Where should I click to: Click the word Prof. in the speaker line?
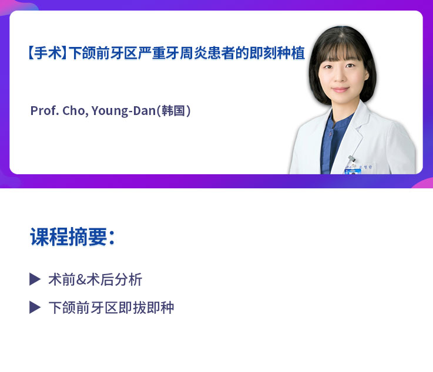pos(44,110)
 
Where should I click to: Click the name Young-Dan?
pos(123,110)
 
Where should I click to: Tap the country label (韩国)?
pos(173,110)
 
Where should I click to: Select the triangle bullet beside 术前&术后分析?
pos(35,279)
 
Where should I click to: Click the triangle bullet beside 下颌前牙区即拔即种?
pos(35,307)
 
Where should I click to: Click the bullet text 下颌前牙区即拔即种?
pos(111,307)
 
